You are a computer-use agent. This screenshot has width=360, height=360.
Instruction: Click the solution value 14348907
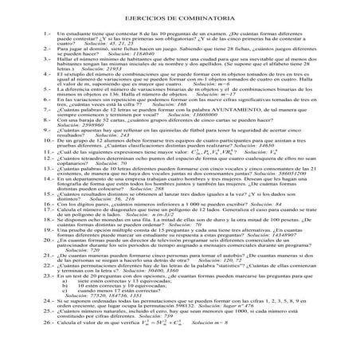pos(316,258)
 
